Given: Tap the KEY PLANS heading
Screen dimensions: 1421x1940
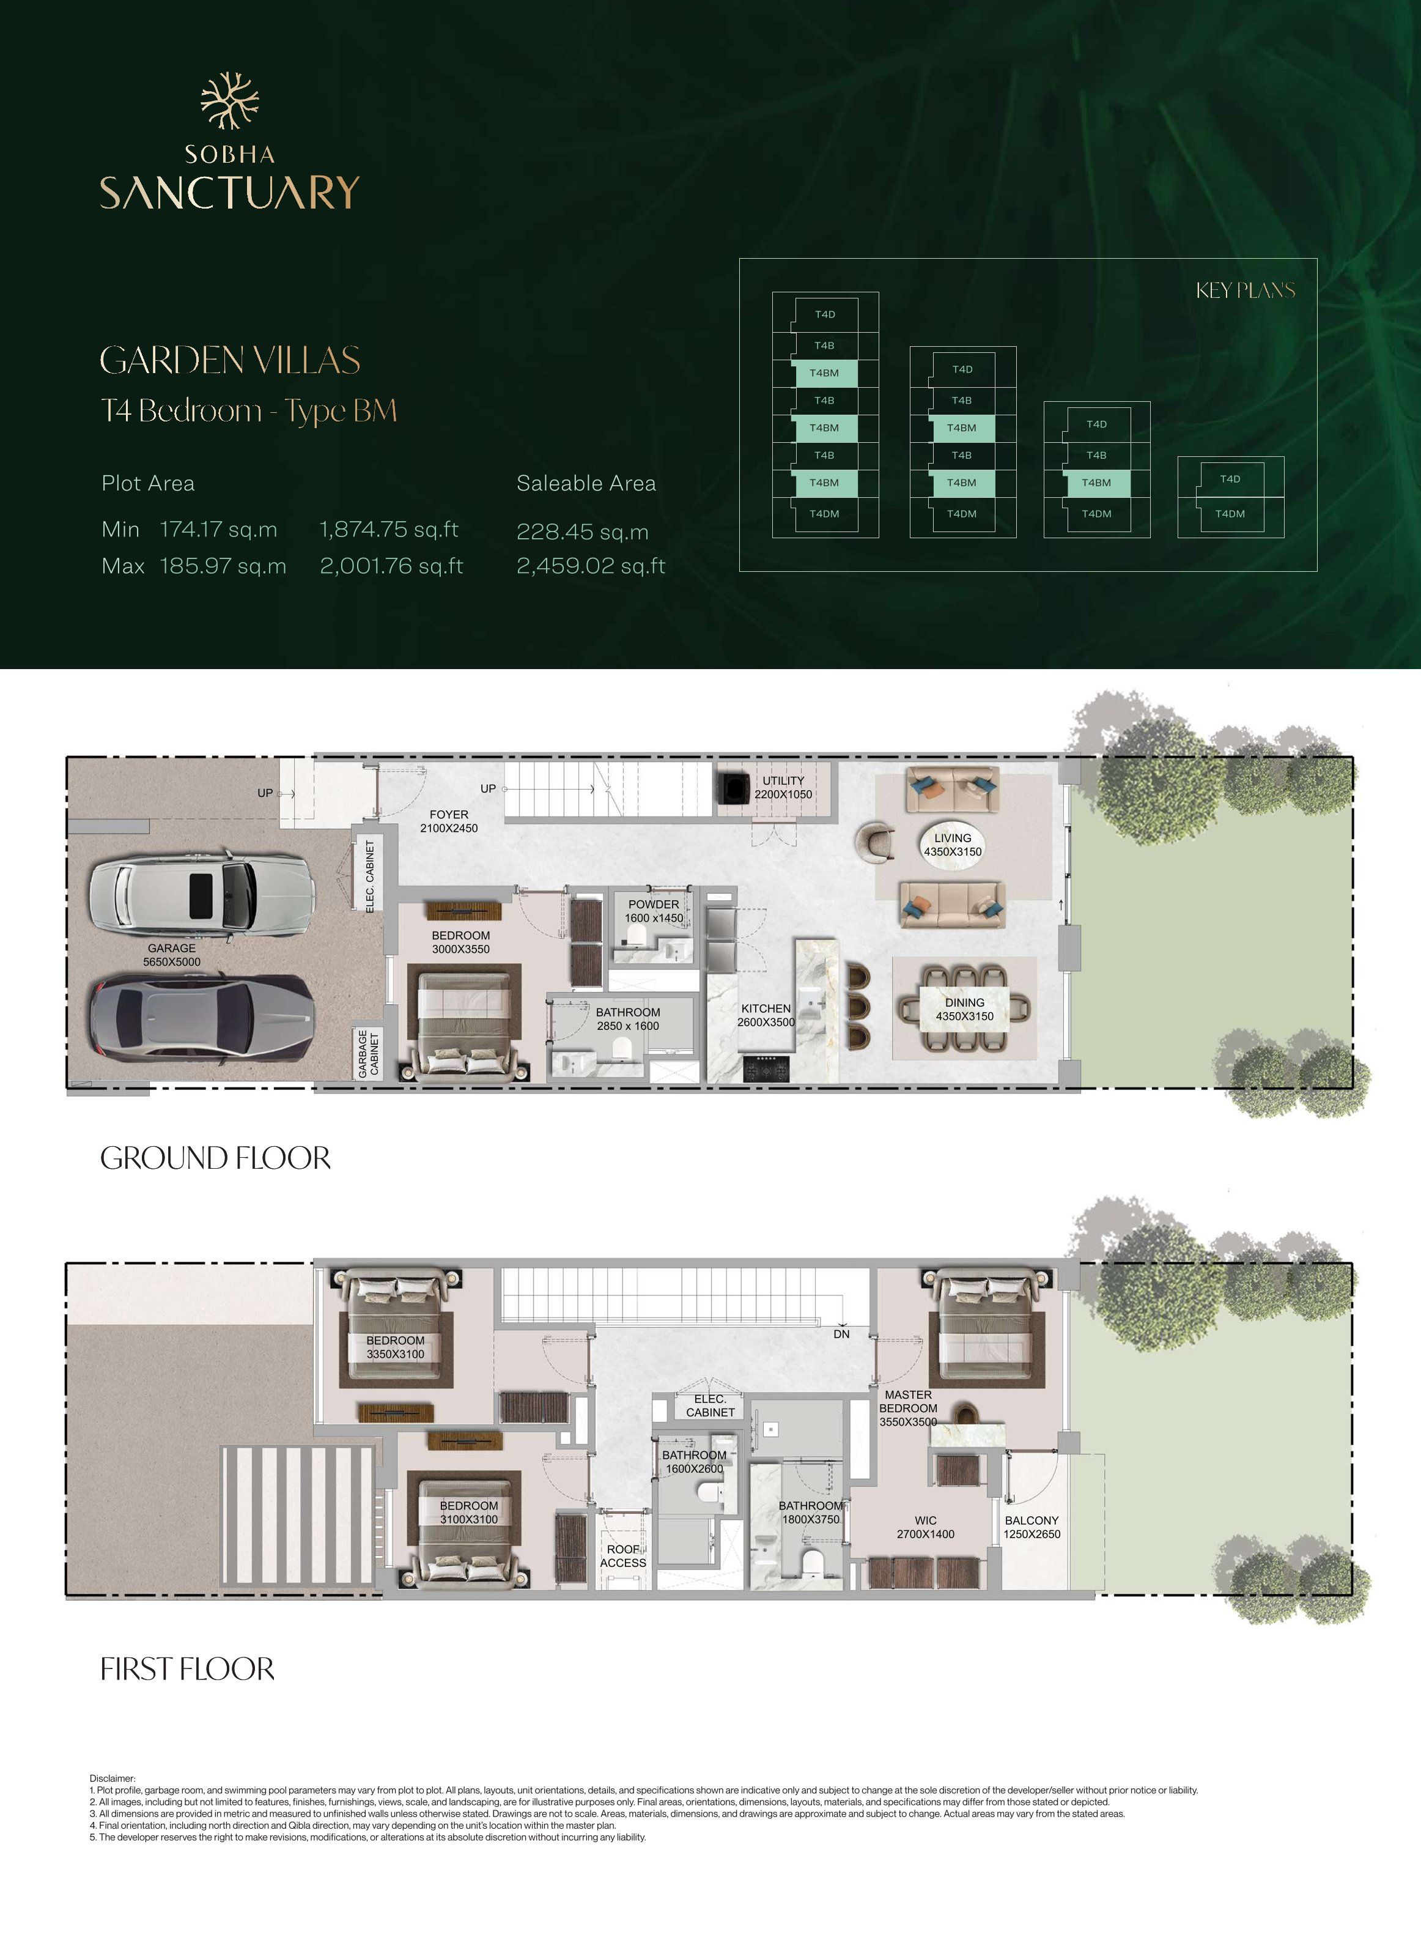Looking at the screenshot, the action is [1245, 291].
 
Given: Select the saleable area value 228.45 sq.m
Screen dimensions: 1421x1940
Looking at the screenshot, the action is [582, 531].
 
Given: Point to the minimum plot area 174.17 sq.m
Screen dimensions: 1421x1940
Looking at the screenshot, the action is [218, 529].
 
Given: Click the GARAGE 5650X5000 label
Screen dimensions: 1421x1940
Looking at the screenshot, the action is [172, 955].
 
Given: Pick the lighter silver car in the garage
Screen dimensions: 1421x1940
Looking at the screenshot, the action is [202, 895].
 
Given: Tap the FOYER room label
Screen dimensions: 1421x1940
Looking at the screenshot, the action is [449, 821].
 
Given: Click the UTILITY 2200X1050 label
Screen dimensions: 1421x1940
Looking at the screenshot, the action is [783, 787].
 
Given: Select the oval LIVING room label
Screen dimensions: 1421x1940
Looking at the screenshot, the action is [952, 845].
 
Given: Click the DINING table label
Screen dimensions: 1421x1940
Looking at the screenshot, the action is [964, 1009].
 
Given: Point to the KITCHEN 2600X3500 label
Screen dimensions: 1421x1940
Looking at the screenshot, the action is [766, 1015].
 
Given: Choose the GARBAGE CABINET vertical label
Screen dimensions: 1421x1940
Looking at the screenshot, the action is [368, 1053].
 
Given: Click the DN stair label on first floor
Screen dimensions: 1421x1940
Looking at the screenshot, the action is [841, 1333].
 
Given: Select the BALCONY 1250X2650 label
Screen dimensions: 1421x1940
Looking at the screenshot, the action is [1032, 1527].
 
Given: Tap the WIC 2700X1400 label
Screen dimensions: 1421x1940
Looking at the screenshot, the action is [926, 1527].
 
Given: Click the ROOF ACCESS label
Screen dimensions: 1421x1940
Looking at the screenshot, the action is [623, 1555].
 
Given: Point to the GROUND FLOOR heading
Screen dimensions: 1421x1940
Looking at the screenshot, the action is [215, 1158].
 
